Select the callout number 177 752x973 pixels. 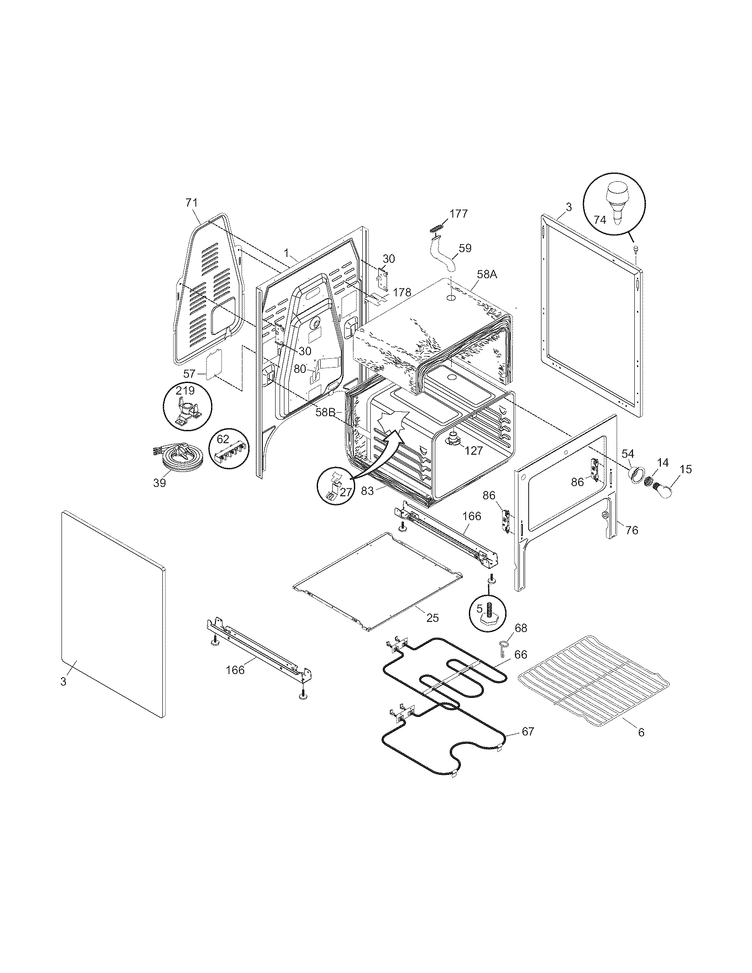[459, 214]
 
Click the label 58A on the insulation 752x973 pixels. [487, 275]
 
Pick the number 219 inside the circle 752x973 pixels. [185, 391]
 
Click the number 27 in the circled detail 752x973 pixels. [345, 491]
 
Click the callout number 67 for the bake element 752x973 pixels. [527, 732]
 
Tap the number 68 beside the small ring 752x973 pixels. [521, 628]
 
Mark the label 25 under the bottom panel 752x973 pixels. [432, 618]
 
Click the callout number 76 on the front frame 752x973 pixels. [632, 530]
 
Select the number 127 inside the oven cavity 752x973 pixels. [473, 450]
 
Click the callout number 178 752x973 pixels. [402, 293]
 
